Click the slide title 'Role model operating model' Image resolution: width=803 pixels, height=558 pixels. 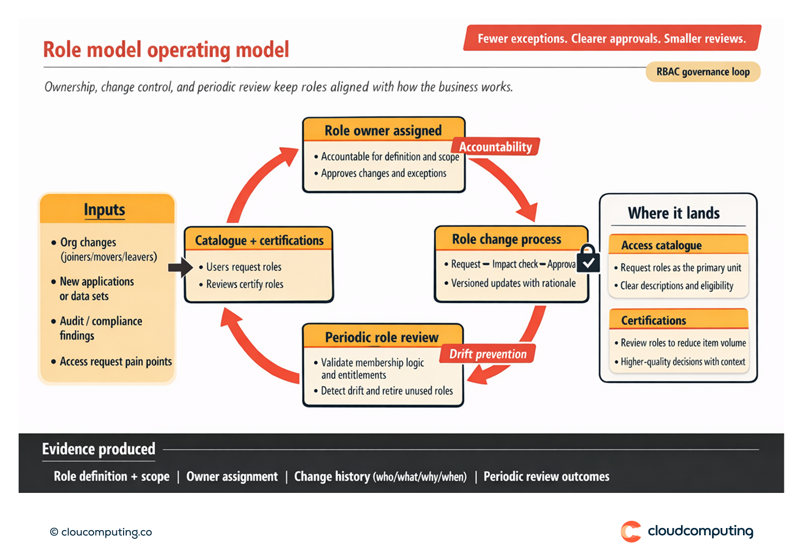pos(166,50)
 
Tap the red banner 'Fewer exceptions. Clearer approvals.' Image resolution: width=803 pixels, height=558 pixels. pos(612,38)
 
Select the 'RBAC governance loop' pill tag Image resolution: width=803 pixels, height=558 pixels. pos(703,72)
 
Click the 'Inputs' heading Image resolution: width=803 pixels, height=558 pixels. pos(104,210)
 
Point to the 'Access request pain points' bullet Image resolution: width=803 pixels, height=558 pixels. pos(115,362)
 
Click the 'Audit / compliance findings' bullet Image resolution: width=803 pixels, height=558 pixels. pos(100,328)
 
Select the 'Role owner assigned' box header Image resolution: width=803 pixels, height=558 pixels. pos(383,131)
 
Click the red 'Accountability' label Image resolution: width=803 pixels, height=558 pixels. pos(495,147)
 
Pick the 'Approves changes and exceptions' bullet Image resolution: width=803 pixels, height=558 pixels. pos(383,174)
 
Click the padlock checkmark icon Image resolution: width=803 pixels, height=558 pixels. pos(588,259)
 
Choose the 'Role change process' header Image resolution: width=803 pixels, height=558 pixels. pos(506,239)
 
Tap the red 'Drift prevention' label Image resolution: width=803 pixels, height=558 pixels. pos(488,354)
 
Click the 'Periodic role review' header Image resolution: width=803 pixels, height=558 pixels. pos(382,337)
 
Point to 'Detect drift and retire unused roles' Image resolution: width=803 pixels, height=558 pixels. pos(386,391)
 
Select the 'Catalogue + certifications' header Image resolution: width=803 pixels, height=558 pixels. pos(259,240)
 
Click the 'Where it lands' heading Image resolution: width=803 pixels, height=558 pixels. pos(673,213)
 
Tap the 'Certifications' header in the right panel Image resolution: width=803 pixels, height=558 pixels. pos(654,320)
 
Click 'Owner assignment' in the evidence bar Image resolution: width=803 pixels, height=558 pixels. pos(232,476)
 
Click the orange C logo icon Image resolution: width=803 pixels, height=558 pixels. pos(631,531)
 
